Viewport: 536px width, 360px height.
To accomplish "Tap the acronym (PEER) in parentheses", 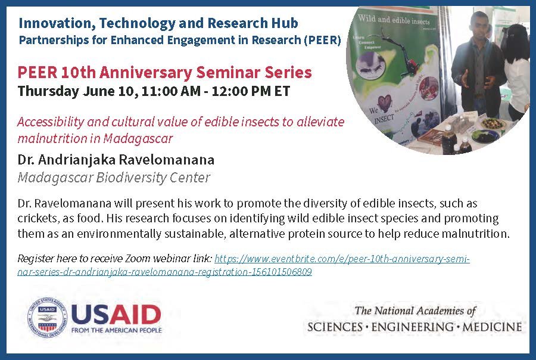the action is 322,41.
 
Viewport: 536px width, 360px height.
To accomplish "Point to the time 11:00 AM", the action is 170,91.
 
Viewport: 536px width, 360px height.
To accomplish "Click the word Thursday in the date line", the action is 48,91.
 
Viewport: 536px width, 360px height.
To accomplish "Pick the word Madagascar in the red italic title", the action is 138,139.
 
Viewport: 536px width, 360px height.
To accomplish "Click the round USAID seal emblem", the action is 47,318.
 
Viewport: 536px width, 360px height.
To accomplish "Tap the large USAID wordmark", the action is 116,314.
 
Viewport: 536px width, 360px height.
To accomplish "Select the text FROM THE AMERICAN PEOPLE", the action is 117,331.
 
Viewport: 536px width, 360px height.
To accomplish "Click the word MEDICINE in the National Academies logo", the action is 493,327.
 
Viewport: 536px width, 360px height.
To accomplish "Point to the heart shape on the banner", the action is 384,103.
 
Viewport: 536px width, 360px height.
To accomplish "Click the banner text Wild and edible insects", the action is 394,20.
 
